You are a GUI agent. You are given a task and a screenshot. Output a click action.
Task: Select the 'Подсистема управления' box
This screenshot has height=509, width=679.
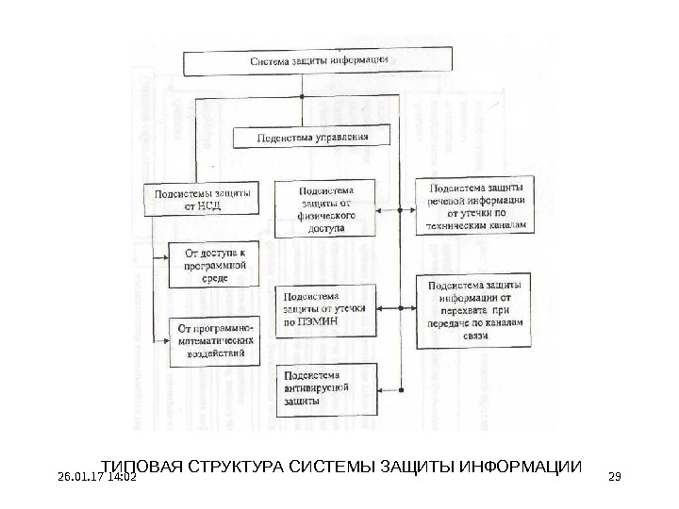coord(312,138)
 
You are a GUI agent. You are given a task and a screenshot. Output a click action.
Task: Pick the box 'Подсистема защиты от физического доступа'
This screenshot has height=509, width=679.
coord(323,208)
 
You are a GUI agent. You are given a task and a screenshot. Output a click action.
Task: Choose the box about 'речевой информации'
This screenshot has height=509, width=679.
coord(475,205)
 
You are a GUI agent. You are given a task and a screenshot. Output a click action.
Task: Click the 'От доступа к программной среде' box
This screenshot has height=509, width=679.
coord(213,265)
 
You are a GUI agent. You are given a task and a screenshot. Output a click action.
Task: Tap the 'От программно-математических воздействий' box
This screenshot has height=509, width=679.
coord(213,340)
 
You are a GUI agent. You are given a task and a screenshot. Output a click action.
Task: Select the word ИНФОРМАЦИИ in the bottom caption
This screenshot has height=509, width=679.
coord(521,468)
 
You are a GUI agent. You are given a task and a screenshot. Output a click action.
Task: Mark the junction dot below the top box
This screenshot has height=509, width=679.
coord(301,97)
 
